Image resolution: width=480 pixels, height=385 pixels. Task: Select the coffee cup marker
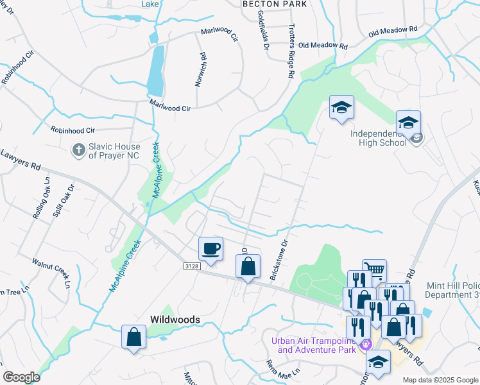(210, 248)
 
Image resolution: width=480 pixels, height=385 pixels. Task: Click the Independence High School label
(379, 138)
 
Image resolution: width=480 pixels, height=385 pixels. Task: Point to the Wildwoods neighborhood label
(175, 319)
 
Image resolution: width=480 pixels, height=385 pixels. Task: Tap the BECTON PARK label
(274, 4)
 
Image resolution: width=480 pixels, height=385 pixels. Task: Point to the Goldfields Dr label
(264, 30)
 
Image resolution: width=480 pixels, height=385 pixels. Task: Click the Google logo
(21, 377)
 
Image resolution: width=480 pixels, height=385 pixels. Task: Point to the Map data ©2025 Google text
(440, 380)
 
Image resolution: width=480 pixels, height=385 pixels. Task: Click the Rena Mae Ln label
(284, 368)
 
